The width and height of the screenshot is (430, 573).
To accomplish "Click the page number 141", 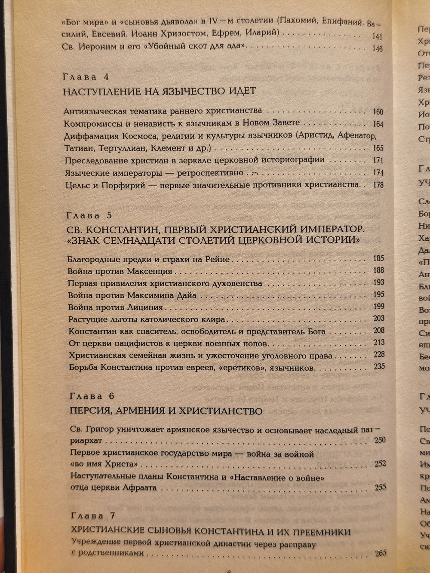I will pos(378,37).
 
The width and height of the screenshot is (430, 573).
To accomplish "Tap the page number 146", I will pos(378,49).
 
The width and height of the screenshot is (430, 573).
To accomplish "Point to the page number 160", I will pos(378,112).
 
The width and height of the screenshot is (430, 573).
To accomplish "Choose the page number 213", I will pos(379,343).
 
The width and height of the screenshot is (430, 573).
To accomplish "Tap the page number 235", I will pos(379,367).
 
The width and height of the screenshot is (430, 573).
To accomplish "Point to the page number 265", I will pos(380,553).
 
